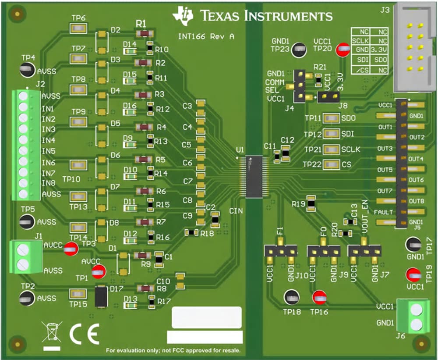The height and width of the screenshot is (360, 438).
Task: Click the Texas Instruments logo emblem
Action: coord(183,15)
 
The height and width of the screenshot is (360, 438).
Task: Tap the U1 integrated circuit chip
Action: coord(254,176)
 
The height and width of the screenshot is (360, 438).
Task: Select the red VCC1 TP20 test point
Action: coord(340,50)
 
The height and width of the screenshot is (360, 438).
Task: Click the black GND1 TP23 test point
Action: coord(299,50)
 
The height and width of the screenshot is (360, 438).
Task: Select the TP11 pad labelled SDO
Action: coord(332,119)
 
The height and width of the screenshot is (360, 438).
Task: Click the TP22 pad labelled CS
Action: coord(332,164)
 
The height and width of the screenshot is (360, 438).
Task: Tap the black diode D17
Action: coord(102,296)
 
